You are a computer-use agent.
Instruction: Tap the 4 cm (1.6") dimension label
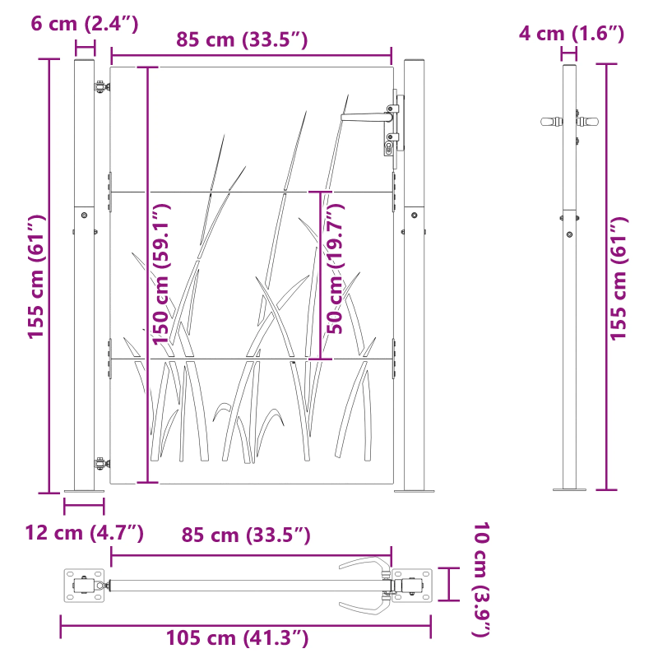click(571, 34)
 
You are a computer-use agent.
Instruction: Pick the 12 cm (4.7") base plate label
click(84, 533)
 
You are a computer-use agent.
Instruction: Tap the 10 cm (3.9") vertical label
click(481, 579)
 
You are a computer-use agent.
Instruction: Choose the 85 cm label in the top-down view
click(245, 535)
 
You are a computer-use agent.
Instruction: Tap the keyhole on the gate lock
click(389, 147)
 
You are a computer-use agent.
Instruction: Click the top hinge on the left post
click(100, 86)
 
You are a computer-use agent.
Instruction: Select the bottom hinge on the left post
click(100, 465)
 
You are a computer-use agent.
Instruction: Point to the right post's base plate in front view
click(414, 491)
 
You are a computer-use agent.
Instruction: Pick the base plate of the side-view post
click(569, 489)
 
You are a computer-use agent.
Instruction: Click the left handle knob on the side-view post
click(548, 122)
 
